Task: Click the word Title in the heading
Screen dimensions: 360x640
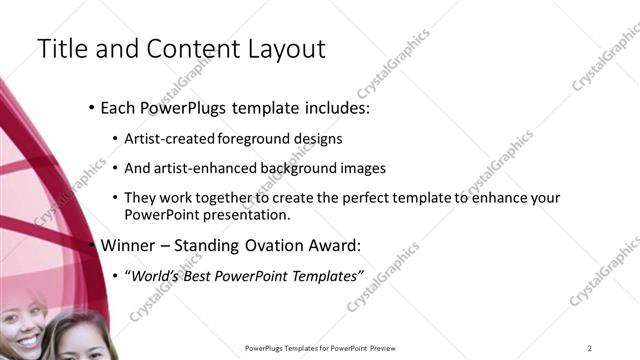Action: pyautogui.click(x=61, y=48)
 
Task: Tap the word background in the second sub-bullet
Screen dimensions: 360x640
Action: pyautogui.click(x=305, y=169)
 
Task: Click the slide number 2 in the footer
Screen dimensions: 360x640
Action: pyautogui.click(x=590, y=348)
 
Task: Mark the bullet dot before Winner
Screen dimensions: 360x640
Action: pyautogui.click(x=92, y=245)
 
